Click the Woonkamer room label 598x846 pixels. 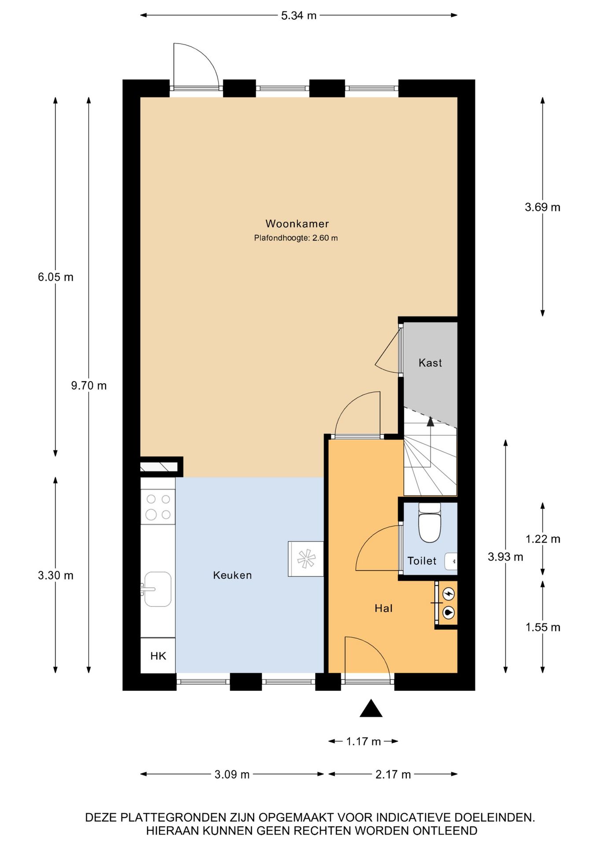[x=297, y=224]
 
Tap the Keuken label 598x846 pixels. [x=232, y=575]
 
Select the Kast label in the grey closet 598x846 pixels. [x=430, y=363]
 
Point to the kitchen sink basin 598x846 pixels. [x=158, y=589]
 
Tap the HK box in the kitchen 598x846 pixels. [x=158, y=656]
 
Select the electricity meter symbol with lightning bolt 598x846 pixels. [x=448, y=594]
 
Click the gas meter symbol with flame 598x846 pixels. [x=448, y=612]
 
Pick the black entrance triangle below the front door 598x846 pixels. [x=371, y=709]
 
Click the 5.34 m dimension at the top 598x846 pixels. [x=299, y=15]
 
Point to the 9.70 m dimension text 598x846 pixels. [x=89, y=386]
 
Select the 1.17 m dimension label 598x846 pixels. [x=363, y=742]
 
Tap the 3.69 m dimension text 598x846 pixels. [x=542, y=207]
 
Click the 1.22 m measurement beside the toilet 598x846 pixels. [x=543, y=539]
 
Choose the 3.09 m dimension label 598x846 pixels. [x=232, y=774]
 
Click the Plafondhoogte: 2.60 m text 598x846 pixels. [x=296, y=238]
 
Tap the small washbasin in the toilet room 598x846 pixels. [x=451, y=561]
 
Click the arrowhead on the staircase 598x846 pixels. [x=430, y=422]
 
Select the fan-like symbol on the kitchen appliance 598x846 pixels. [x=306, y=559]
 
